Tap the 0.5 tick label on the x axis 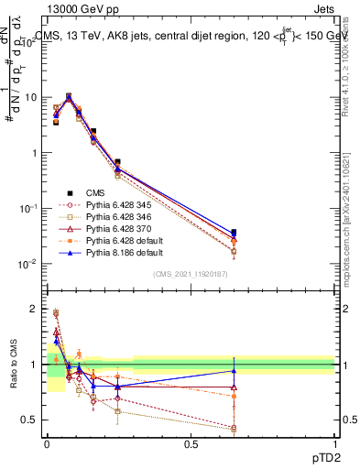click(x=191, y=444)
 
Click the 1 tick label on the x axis click(x=334, y=444)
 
